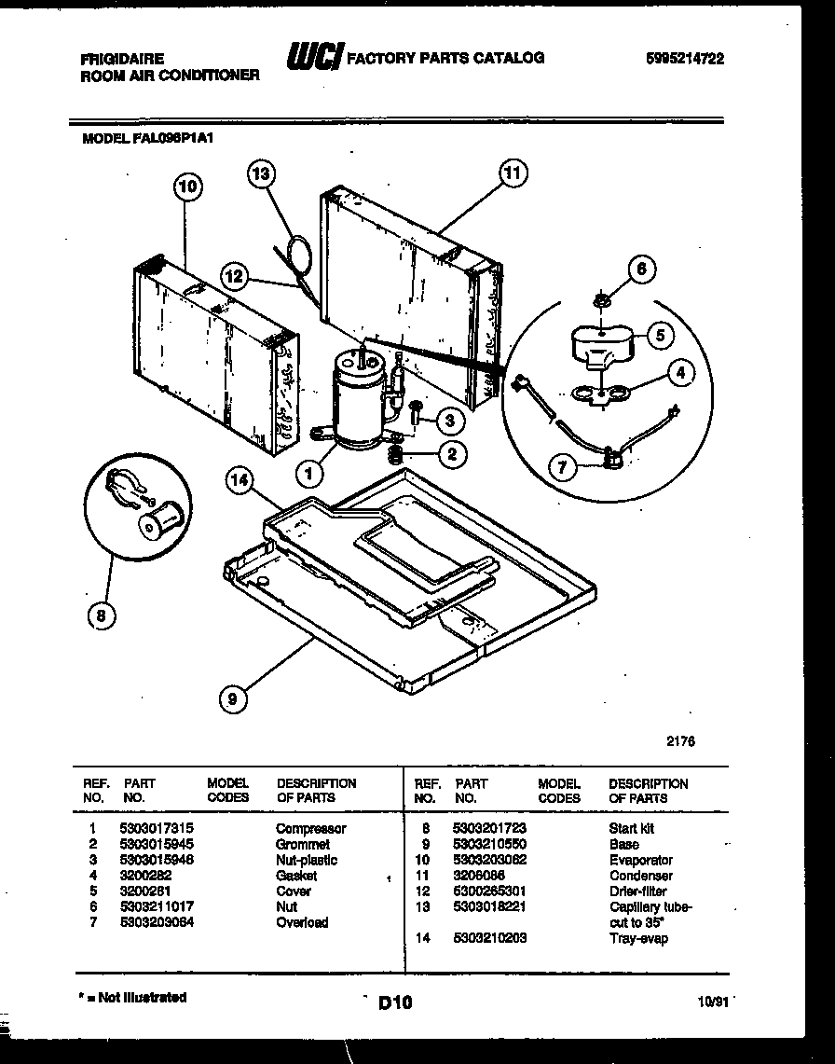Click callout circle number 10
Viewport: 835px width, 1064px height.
(187, 187)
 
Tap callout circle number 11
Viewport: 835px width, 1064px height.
(512, 173)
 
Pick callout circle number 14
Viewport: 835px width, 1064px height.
(241, 481)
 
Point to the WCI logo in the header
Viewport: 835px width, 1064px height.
(315, 58)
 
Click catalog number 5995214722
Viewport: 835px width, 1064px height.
(684, 58)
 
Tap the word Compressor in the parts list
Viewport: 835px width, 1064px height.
(310, 828)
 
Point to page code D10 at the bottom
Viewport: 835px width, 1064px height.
(395, 1003)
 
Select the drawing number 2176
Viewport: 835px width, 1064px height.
(680, 742)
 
